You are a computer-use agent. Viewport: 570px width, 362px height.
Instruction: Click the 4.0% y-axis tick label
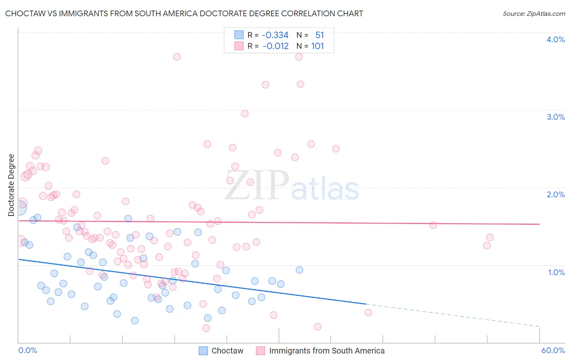pyautogui.click(x=555, y=39)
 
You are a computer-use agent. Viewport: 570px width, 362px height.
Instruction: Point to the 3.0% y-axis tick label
pyautogui.click(x=555, y=117)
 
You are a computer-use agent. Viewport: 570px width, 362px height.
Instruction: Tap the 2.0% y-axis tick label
pyautogui.click(x=555, y=194)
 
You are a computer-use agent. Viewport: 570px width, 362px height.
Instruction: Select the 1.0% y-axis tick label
pyautogui.click(x=556, y=272)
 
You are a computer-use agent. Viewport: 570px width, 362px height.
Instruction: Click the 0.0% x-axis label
pyautogui.click(x=28, y=350)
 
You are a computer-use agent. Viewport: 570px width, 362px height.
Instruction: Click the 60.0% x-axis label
pyautogui.click(x=553, y=350)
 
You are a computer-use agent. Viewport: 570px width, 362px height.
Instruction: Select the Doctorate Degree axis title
pyautogui.click(x=11, y=185)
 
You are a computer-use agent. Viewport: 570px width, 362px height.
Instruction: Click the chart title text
pyautogui.click(x=184, y=13)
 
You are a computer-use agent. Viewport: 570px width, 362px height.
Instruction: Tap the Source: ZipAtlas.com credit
pyautogui.click(x=534, y=13)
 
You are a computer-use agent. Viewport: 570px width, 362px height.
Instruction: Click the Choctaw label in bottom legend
pyautogui.click(x=227, y=351)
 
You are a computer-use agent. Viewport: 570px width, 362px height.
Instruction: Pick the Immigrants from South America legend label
pyautogui.click(x=326, y=351)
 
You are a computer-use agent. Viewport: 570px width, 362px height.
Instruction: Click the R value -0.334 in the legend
pyautogui.click(x=275, y=35)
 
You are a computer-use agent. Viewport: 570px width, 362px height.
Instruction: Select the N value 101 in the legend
pyautogui.click(x=317, y=46)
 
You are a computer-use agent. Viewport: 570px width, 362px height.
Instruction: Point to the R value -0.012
pyautogui.click(x=276, y=46)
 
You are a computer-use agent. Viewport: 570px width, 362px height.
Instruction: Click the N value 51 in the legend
pyautogui.click(x=319, y=35)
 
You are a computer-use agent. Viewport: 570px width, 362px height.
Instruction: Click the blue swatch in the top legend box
pyautogui.click(x=239, y=35)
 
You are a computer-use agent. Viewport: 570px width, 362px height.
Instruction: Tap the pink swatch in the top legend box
pyautogui.click(x=239, y=46)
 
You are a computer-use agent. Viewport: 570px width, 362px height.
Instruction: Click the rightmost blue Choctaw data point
pyautogui.click(x=299, y=270)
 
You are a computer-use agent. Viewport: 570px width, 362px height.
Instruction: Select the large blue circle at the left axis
pyautogui.click(x=19, y=208)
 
